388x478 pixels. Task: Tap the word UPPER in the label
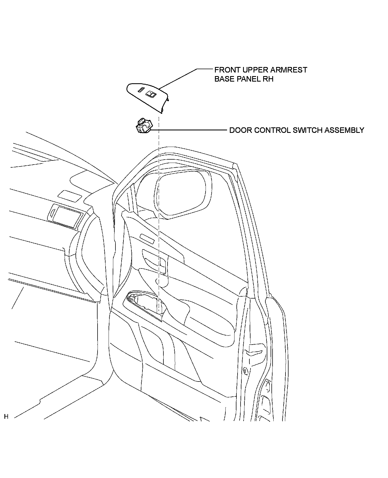[x=254, y=70]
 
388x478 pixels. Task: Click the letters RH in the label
[x=268, y=79]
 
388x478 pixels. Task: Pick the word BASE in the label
[x=223, y=79]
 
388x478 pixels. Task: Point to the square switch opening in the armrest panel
[x=150, y=94]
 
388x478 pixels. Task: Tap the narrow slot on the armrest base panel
[x=141, y=90]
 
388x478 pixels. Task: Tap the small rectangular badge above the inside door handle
[x=147, y=239]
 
